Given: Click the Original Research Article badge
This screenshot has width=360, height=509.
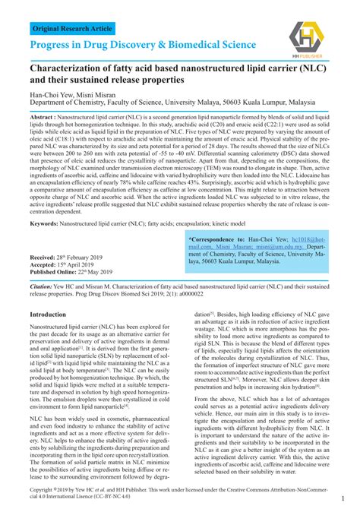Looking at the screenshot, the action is click(71, 29).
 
